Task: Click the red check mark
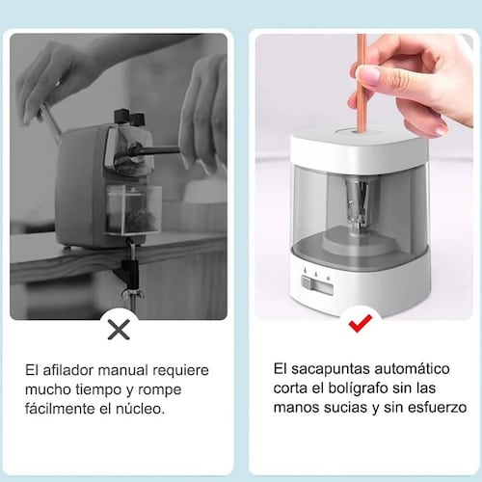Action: point(361,323)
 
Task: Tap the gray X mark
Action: point(119,330)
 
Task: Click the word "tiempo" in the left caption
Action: point(98,389)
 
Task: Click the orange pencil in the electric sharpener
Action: point(361,83)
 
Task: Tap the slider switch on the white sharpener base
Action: point(308,282)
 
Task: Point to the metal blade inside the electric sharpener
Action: point(358,202)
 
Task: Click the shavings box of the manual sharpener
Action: point(133,209)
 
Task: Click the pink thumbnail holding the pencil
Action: point(368,75)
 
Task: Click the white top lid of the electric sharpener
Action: point(360,147)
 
